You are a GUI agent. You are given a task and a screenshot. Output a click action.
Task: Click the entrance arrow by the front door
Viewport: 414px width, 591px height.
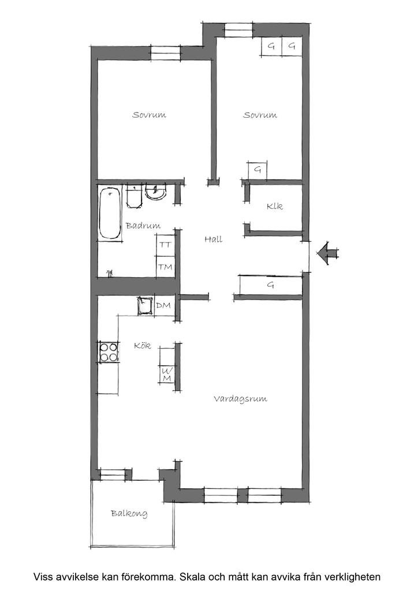tap(327, 253)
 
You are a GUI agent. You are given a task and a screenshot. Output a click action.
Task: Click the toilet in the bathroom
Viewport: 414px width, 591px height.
tap(134, 196)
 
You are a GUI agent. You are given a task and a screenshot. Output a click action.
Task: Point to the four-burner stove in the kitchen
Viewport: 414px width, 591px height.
tap(109, 352)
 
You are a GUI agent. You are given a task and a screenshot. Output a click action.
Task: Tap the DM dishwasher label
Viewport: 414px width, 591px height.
tap(163, 305)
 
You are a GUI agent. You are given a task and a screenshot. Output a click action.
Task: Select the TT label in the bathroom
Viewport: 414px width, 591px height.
tap(165, 245)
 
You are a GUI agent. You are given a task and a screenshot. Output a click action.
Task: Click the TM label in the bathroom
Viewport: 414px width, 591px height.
tap(165, 267)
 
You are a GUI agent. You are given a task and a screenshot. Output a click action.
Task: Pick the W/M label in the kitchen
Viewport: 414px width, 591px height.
tap(167, 375)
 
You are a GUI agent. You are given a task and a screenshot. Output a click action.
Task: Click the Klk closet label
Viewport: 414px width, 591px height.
tap(274, 207)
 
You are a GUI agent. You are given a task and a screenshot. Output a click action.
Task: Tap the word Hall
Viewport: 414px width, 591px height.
tap(214, 239)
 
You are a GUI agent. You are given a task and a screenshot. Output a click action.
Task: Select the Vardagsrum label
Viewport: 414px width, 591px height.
tap(240, 399)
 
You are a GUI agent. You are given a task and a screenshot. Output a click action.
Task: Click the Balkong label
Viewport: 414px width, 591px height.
tap(129, 513)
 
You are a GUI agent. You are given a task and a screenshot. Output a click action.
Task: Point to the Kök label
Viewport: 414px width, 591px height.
tap(143, 345)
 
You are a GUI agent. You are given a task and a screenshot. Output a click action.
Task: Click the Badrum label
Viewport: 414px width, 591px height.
tap(143, 226)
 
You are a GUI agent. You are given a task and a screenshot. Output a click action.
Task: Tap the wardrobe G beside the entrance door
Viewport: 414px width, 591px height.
tap(271, 285)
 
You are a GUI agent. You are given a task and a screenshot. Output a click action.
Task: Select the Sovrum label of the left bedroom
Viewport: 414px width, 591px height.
tap(149, 115)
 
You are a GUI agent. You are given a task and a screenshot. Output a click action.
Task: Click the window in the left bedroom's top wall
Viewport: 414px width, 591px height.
tap(165, 53)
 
